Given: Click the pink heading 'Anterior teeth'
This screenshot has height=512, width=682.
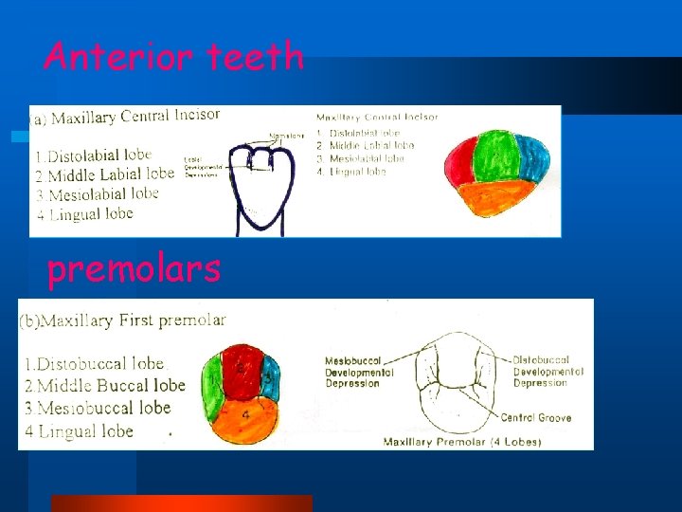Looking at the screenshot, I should click(x=173, y=58).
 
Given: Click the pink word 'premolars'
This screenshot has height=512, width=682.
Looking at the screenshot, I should click(x=134, y=269).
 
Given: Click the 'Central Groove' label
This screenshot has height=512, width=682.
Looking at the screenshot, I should click(x=535, y=418).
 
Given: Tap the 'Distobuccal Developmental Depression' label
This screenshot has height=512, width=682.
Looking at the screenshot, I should click(x=542, y=372).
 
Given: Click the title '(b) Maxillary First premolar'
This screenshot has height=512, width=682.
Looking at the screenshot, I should click(x=123, y=320).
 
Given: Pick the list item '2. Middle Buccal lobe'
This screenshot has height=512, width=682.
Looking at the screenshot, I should click(x=104, y=386).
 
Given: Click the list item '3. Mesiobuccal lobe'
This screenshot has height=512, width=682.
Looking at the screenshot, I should click(x=98, y=409).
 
